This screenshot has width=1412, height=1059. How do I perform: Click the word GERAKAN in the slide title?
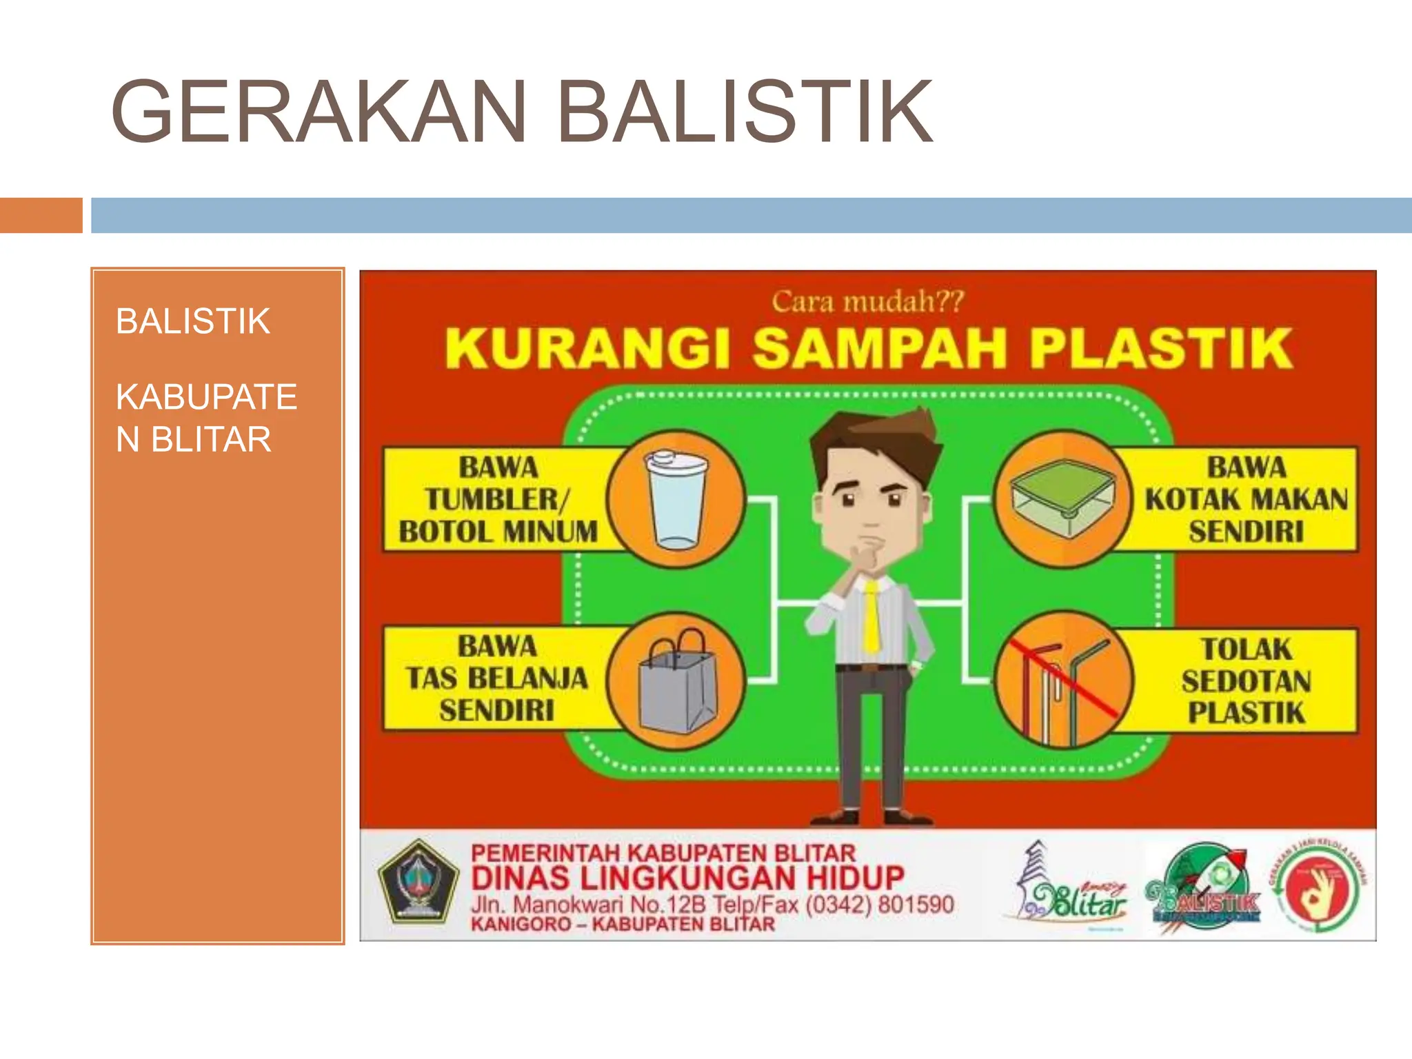pyautogui.click(x=319, y=112)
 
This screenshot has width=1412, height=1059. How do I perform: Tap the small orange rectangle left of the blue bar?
pyautogui.click(x=41, y=215)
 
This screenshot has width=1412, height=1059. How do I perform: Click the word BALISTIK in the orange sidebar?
pyautogui.click(x=192, y=321)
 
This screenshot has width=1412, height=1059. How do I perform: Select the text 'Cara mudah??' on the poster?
pyautogui.click(x=867, y=302)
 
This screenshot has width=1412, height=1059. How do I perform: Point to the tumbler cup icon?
pyautogui.click(x=676, y=499)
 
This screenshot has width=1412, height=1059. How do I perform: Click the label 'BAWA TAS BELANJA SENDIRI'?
pyautogui.click(x=496, y=678)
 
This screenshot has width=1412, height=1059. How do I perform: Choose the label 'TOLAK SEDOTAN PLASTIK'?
pyautogui.click(x=1245, y=680)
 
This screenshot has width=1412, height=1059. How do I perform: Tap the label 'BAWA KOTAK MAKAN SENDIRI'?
pyautogui.click(x=1245, y=499)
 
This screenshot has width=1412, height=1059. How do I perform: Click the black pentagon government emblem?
pyautogui.click(x=418, y=882)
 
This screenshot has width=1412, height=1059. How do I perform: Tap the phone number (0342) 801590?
pyautogui.click(x=878, y=904)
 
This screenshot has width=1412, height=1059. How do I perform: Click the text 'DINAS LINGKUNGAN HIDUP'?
pyautogui.click(x=687, y=878)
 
